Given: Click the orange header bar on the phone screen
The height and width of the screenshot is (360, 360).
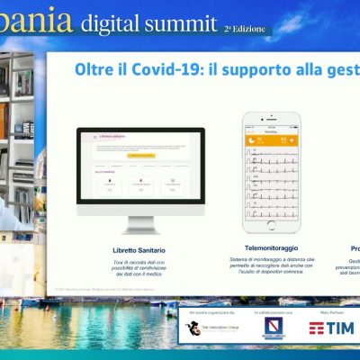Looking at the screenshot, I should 271,139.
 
